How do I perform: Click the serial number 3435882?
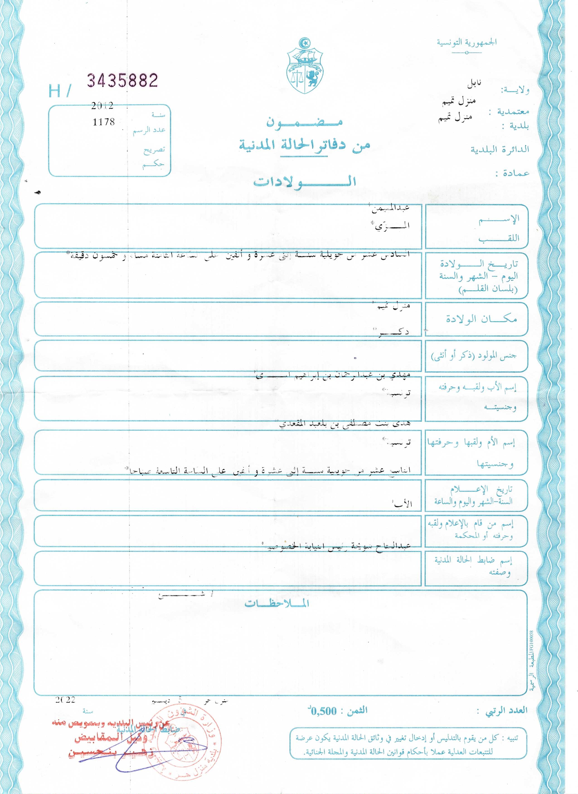pos(123,81)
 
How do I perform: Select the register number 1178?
pos(104,122)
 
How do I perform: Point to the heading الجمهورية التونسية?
pos(466,42)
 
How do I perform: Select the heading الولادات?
pos(305,182)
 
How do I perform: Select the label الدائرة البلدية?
pos(500,149)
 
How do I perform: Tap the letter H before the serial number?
pos(55,91)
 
